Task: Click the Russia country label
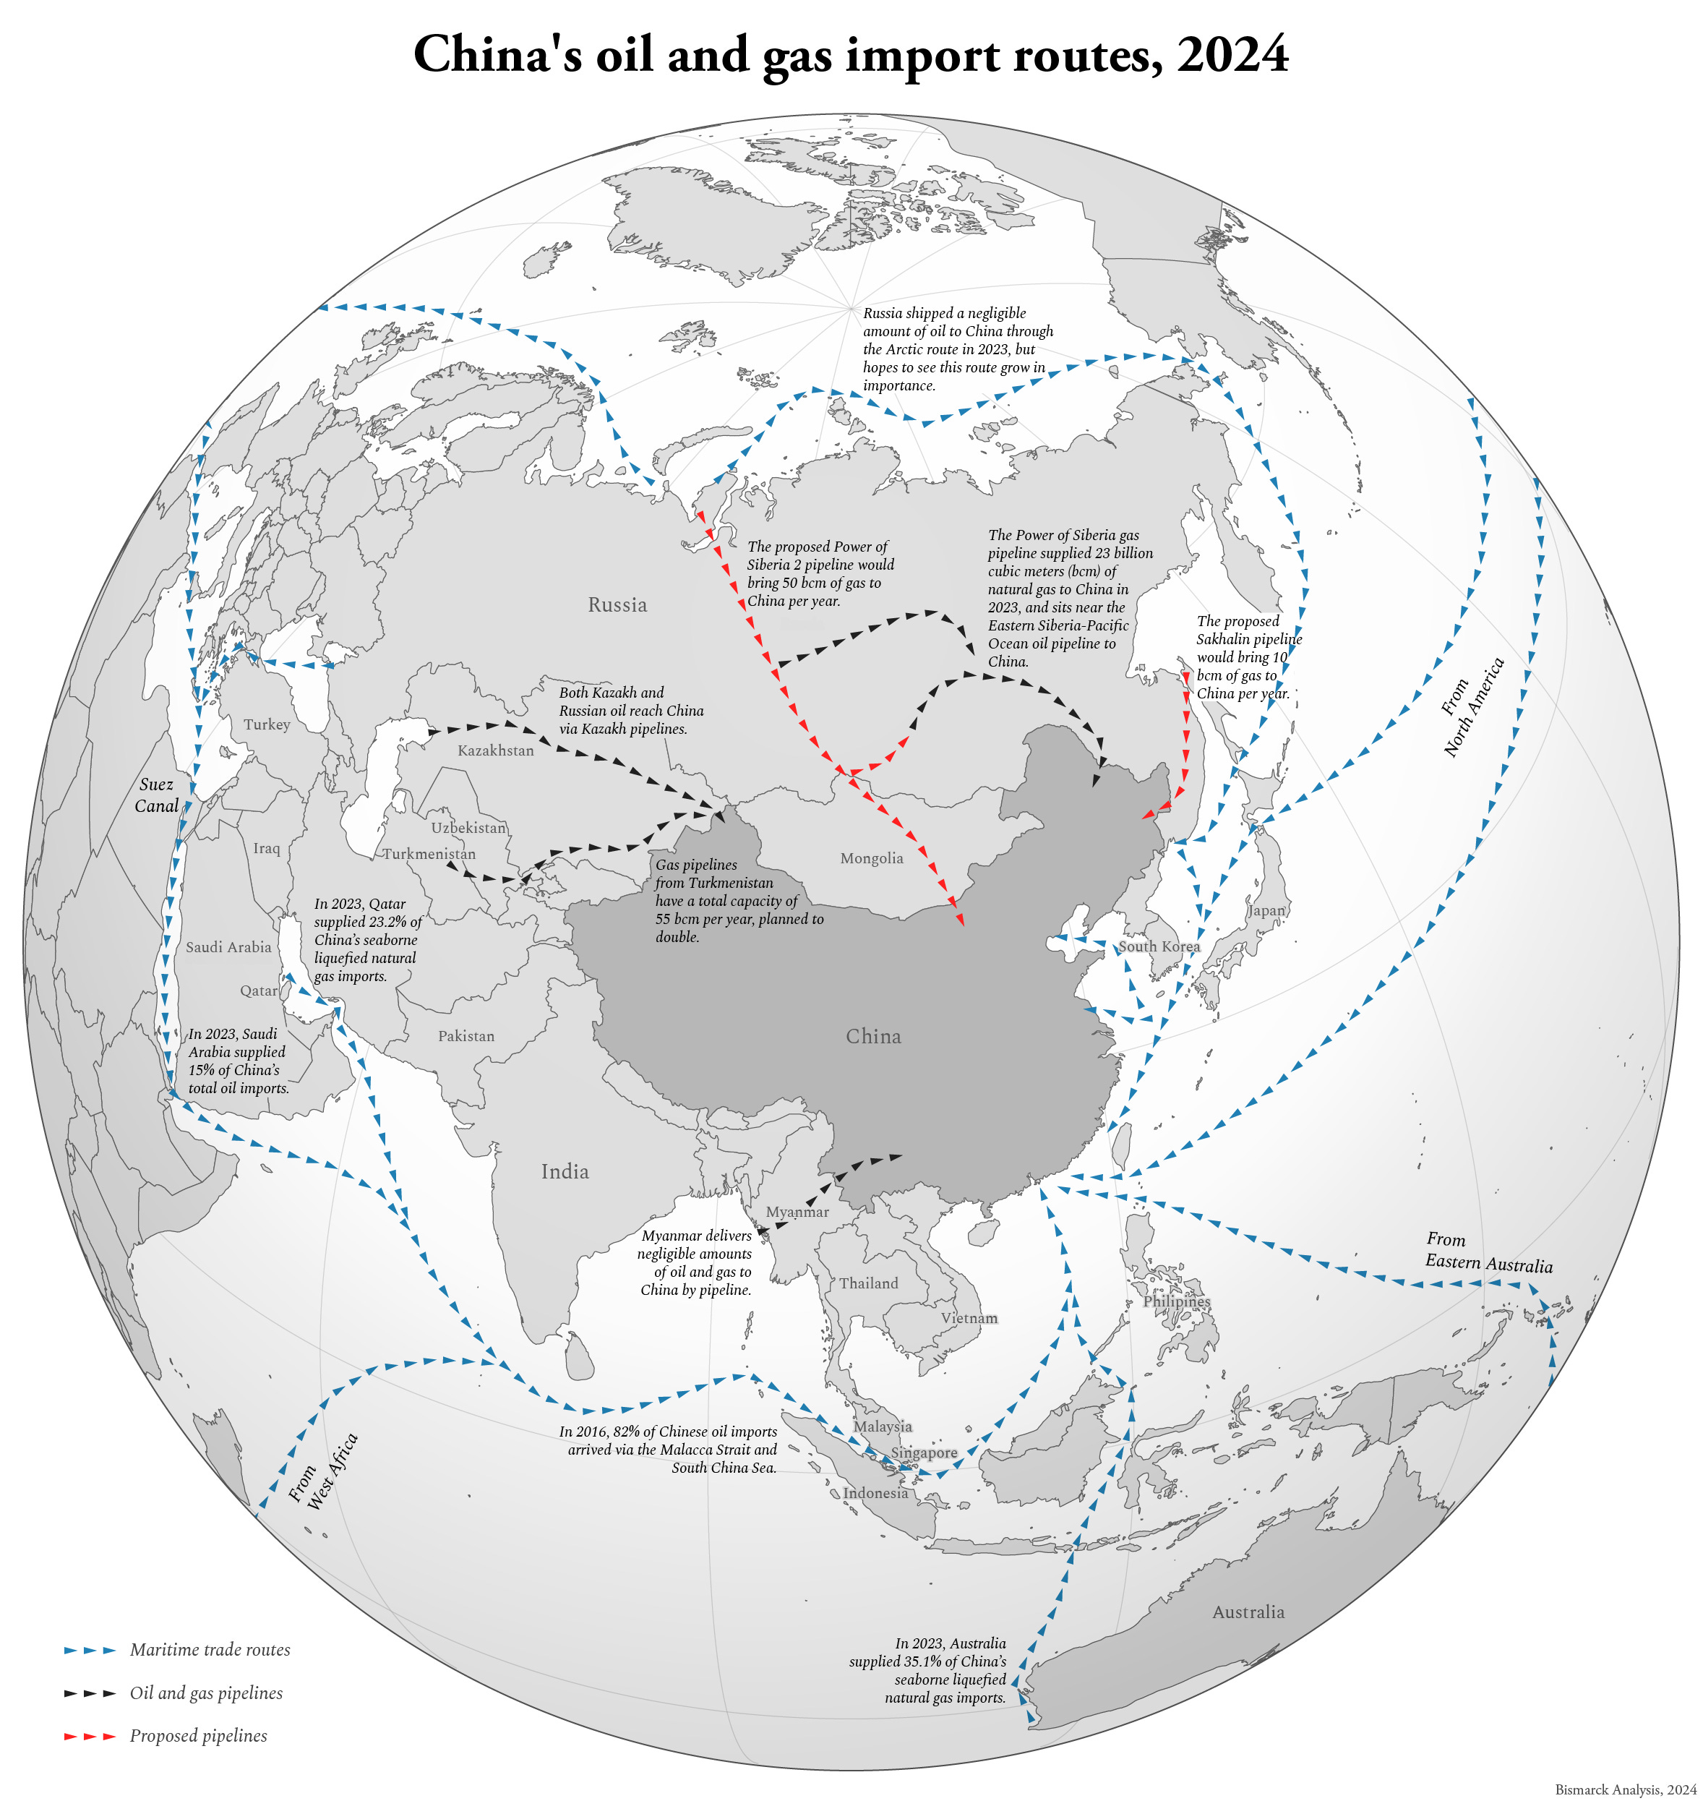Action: tap(617, 604)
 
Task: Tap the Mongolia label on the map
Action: tap(872, 857)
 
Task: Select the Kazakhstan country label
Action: tap(496, 750)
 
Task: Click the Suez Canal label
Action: tap(156, 795)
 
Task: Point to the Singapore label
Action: tap(924, 1453)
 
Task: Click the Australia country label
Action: tap(1248, 1612)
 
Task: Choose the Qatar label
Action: tap(259, 991)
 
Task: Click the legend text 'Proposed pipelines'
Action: tap(198, 1736)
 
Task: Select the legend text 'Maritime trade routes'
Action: tap(210, 1649)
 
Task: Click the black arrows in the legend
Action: tap(90, 1693)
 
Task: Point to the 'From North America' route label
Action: tap(1472, 708)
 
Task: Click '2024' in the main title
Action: tap(1232, 54)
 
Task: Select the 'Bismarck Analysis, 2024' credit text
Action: tap(1625, 1789)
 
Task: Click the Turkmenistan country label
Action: tap(429, 853)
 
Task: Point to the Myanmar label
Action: tap(797, 1212)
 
